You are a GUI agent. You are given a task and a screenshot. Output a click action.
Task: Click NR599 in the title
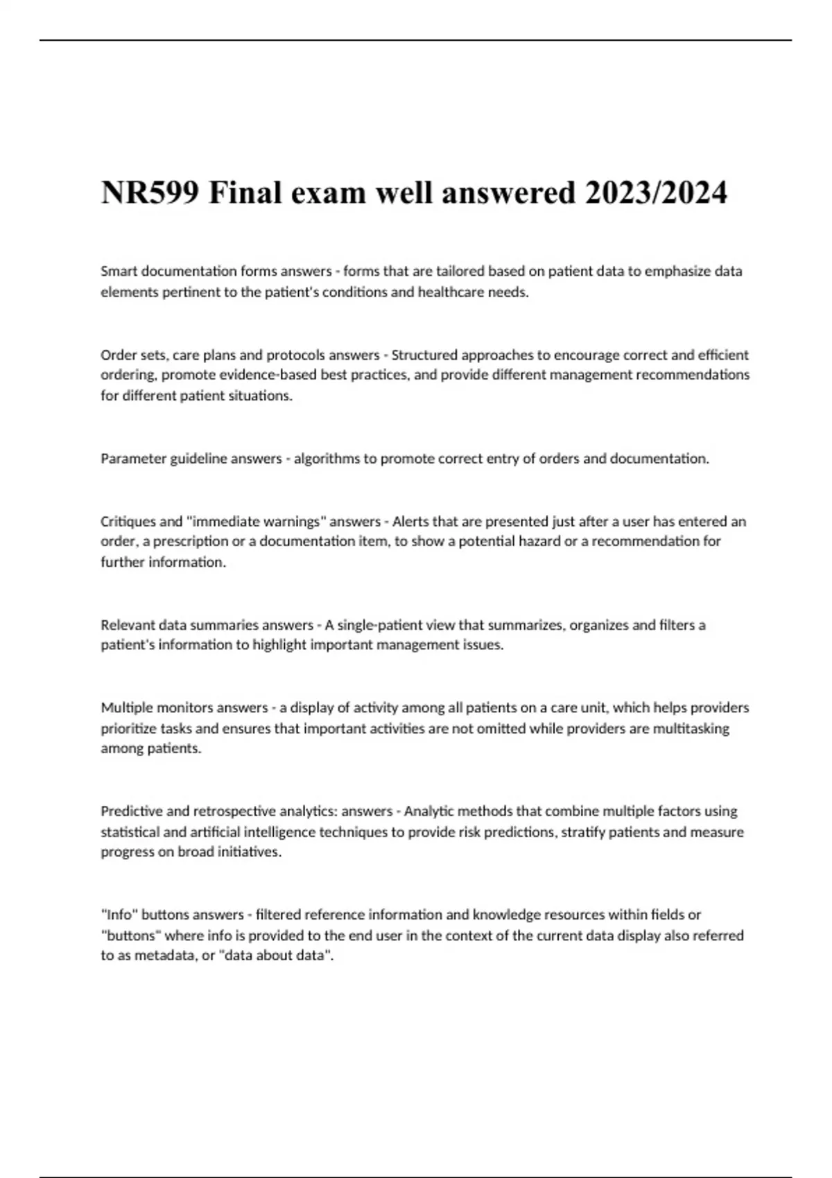(152, 193)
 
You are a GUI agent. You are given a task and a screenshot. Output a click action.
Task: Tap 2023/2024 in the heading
(656, 193)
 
